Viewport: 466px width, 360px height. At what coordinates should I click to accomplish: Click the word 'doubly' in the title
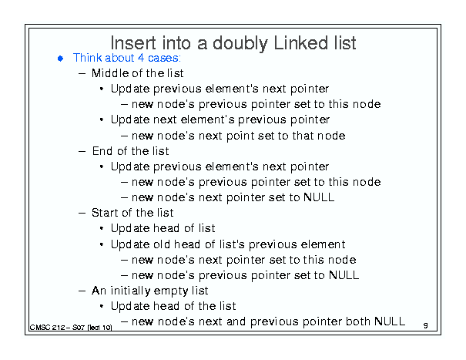pyautogui.click(x=240, y=44)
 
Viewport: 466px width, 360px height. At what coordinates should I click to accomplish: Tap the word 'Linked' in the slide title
pyautogui.click(x=300, y=43)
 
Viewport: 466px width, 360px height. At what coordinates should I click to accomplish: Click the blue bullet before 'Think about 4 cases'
pyautogui.click(x=60, y=59)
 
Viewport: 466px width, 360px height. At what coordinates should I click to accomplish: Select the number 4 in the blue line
pyautogui.click(x=141, y=58)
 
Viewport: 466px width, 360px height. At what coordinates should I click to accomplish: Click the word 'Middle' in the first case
pyautogui.click(x=109, y=73)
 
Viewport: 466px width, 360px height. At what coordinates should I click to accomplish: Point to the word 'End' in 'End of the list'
pyautogui.click(x=102, y=151)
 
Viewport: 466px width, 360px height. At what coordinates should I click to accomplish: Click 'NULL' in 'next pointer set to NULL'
pyautogui.click(x=319, y=197)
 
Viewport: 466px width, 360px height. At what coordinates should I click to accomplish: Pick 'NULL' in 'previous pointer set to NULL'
pyautogui.click(x=344, y=275)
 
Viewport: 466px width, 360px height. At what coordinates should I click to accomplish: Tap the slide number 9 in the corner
pyautogui.click(x=426, y=325)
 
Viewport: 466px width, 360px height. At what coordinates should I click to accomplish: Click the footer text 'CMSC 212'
pyautogui.click(x=47, y=328)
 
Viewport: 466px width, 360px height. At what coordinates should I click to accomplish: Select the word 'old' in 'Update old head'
pyautogui.click(x=162, y=244)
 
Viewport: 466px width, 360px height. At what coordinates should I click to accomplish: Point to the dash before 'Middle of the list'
pyautogui.click(x=82, y=73)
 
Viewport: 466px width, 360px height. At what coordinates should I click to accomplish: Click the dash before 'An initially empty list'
pyautogui.click(x=82, y=291)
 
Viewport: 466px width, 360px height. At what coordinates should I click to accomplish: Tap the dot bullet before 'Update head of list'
pyautogui.click(x=102, y=228)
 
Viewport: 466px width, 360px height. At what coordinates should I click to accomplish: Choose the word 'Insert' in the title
pyautogui.click(x=133, y=43)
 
